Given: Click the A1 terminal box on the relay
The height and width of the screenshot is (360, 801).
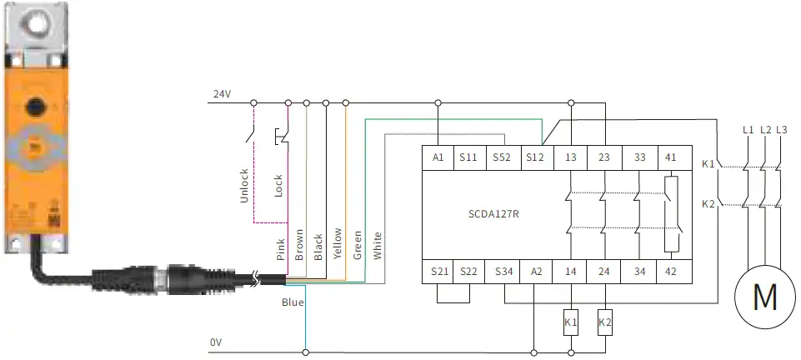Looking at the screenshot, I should click(438, 156).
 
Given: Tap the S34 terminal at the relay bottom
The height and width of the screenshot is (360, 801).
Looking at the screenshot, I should click(503, 272).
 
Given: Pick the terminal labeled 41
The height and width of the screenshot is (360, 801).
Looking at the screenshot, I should click(672, 156).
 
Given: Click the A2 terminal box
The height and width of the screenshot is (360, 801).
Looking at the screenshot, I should click(538, 272).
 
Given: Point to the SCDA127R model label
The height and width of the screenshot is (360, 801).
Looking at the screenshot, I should click(494, 212).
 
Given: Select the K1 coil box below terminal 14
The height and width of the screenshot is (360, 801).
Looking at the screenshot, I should click(571, 322).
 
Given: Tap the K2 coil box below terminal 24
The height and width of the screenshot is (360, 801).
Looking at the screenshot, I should click(604, 322).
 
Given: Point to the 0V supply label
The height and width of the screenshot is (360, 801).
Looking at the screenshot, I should click(217, 342).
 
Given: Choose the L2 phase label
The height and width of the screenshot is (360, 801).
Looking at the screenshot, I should click(764, 129).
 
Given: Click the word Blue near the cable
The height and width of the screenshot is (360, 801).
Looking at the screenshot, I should click(293, 302).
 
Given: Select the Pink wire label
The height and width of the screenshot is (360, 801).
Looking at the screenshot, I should click(280, 249).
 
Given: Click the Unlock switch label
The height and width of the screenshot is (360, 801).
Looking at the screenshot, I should click(244, 185).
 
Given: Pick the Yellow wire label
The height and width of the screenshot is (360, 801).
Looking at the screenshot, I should click(338, 244).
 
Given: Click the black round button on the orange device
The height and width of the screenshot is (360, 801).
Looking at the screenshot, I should click(35, 106).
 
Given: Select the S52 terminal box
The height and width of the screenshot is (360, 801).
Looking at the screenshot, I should click(502, 156).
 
